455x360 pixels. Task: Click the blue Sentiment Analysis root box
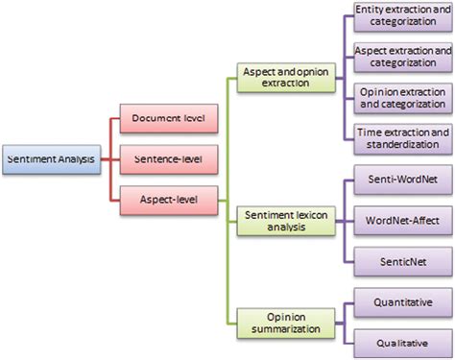tap(50, 158)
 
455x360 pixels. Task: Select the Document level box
tap(167, 119)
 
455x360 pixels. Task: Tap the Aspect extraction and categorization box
tap(401, 56)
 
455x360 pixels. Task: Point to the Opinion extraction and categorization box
tap(401, 97)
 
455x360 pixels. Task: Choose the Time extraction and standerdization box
tap(401, 137)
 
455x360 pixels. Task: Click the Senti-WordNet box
tap(401, 180)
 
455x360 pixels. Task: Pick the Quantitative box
tap(401, 303)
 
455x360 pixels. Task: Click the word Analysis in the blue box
tap(76, 158)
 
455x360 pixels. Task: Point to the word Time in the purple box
tap(369, 131)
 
